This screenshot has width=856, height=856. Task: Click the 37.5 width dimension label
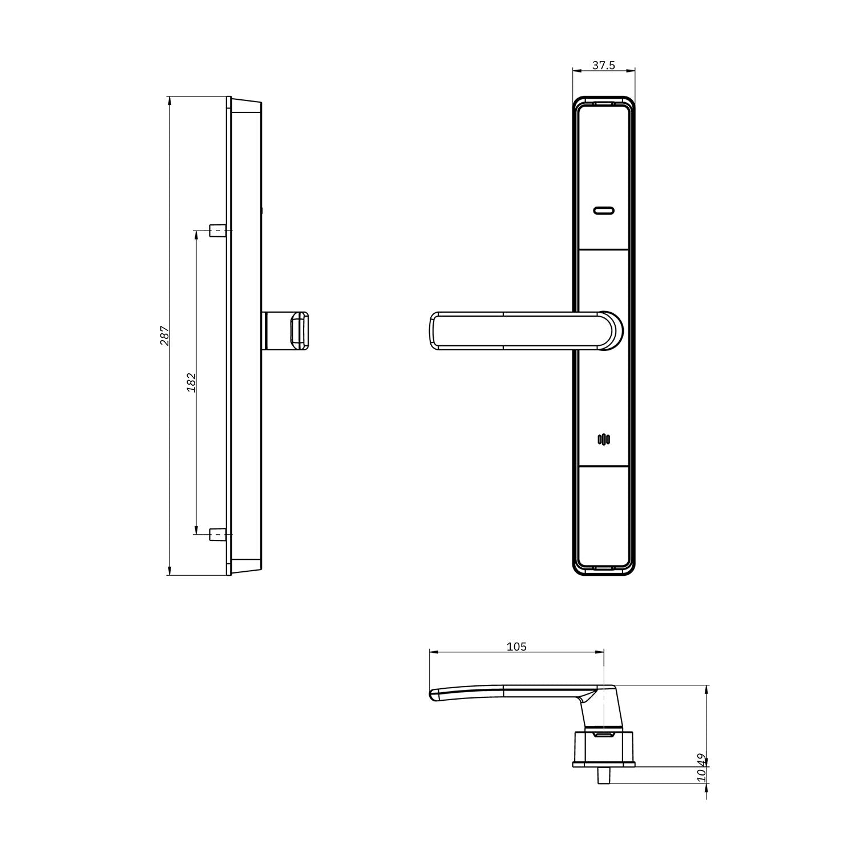[x=603, y=65]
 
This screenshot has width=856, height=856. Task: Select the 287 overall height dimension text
[x=164, y=336]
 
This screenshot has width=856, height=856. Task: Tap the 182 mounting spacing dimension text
[x=191, y=382]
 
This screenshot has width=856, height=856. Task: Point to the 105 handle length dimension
[x=516, y=647]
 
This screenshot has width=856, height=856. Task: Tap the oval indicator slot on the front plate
[x=603, y=211]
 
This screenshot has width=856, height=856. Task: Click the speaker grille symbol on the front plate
[x=603, y=439]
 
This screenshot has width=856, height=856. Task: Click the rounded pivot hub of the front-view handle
[x=609, y=330]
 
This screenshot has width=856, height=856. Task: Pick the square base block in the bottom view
[x=603, y=748]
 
